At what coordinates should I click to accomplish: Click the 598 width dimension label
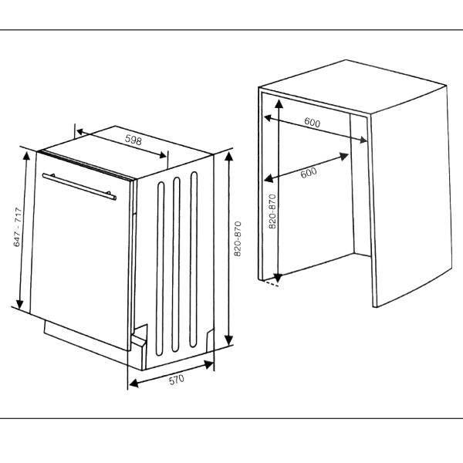pos(133,140)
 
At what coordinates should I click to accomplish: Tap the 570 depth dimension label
pos(177,380)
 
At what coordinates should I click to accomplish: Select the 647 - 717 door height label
pos(18,227)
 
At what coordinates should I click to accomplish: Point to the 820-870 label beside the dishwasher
pos(238,238)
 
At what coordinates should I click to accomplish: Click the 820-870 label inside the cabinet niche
pos(272,211)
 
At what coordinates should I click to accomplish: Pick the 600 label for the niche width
pos(312,122)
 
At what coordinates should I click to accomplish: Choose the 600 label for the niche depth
pos(309,172)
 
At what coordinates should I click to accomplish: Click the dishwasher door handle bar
pos(79,186)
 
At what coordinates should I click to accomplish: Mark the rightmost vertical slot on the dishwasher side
pos(194,259)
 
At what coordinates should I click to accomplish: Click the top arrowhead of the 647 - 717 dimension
pos(26,155)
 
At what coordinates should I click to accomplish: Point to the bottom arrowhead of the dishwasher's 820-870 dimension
pos(229,340)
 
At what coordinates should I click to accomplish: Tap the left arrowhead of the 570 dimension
pos(133,383)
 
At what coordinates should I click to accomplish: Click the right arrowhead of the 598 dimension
pos(162,155)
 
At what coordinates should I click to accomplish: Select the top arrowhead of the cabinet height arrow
pos(279,103)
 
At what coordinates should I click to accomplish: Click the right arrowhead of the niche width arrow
pos(363,140)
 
